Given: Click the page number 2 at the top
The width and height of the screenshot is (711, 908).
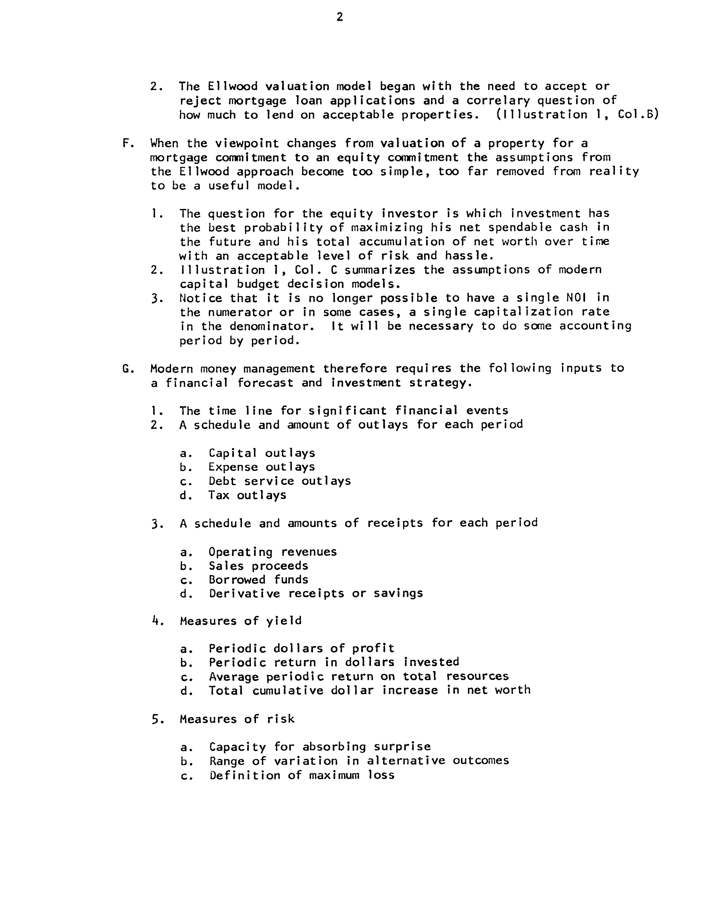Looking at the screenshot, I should (340, 17).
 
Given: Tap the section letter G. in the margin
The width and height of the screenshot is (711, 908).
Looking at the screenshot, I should (127, 369).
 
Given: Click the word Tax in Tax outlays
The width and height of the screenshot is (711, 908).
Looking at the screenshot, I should (219, 495).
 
